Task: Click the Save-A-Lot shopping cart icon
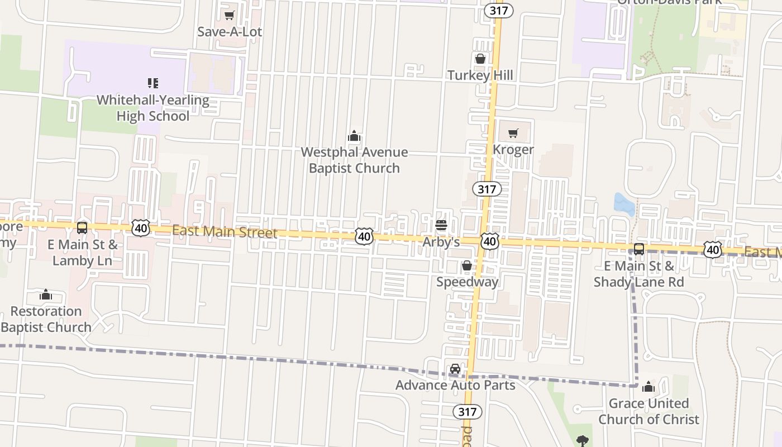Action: (x=229, y=16)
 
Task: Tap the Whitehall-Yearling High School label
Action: (x=152, y=108)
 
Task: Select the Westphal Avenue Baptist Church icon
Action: (x=354, y=136)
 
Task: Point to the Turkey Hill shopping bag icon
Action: (x=480, y=59)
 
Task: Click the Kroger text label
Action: (x=513, y=149)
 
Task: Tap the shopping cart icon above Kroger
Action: (x=513, y=133)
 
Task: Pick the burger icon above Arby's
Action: (x=441, y=225)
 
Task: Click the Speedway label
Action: (x=467, y=282)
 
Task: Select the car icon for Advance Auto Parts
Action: (x=455, y=369)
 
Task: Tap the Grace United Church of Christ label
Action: (x=649, y=411)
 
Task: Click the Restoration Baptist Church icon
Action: (x=46, y=294)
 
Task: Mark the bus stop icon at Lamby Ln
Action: (x=82, y=228)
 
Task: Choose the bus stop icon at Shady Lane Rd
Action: (x=638, y=249)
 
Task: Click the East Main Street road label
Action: (x=224, y=231)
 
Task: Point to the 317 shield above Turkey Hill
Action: (x=498, y=10)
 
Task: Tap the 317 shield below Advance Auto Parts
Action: (x=467, y=412)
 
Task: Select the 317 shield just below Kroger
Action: (x=487, y=189)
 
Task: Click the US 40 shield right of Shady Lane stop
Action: (x=712, y=249)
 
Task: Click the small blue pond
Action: (x=624, y=204)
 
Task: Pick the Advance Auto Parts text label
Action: (x=455, y=385)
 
